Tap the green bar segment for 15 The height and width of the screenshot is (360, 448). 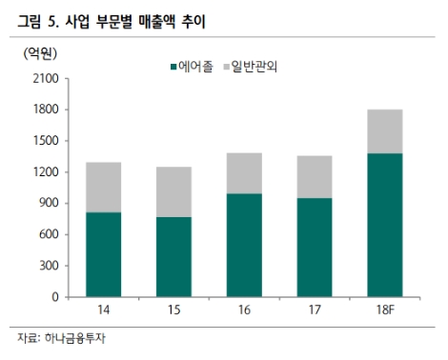click(x=173, y=257)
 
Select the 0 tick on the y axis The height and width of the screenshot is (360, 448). click(x=54, y=297)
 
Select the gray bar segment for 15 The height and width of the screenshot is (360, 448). click(x=173, y=191)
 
